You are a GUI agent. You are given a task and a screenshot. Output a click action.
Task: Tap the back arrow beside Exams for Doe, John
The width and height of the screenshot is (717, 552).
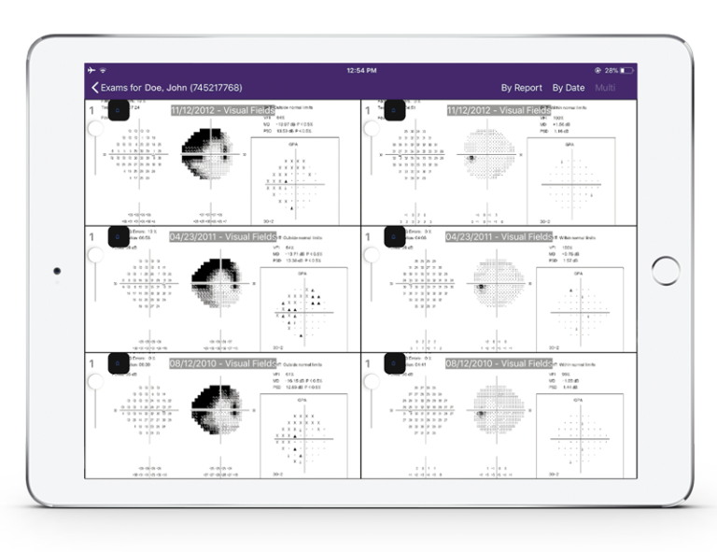pyautogui.click(x=94, y=88)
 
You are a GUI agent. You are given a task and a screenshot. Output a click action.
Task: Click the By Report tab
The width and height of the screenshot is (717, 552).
pyautogui.click(x=521, y=88)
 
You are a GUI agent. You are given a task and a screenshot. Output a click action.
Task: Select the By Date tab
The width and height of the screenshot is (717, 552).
pyautogui.click(x=569, y=88)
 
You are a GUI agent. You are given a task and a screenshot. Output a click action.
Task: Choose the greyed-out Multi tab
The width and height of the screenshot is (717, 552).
pyautogui.click(x=605, y=88)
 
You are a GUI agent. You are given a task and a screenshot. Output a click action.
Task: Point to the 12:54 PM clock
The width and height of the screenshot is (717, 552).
pyautogui.click(x=361, y=70)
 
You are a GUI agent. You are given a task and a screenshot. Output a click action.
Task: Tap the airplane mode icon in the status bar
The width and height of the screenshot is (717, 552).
pyautogui.click(x=91, y=70)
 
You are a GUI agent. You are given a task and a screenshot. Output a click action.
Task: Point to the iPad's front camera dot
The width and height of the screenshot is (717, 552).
pyautogui.click(x=57, y=271)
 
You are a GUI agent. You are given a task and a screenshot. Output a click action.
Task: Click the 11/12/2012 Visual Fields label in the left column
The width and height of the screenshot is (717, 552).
pyautogui.click(x=222, y=110)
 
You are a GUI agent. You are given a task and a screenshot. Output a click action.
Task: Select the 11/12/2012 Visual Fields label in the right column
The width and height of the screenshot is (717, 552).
pyautogui.click(x=499, y=110)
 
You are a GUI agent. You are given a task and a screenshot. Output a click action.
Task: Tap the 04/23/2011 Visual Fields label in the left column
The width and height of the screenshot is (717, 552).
pyautogui.click(x=222, y=237)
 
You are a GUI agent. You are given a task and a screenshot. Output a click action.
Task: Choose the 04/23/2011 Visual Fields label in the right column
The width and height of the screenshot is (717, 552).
pyautogui.click(x=499, y=237)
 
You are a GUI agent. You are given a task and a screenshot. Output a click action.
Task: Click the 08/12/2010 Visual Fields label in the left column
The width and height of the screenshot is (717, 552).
pyautogui.click(x=222, y=363)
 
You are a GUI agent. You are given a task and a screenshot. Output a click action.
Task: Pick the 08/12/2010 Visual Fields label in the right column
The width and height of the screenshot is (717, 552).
pyautogui.click(x=499, y=363)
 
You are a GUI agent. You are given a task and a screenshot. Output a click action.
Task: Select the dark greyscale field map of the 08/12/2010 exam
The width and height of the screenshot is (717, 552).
pyautogui.click(x=217, y=408)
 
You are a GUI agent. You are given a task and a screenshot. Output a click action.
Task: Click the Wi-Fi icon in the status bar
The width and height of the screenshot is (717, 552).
pyautogui.click(x=103, y=70)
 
